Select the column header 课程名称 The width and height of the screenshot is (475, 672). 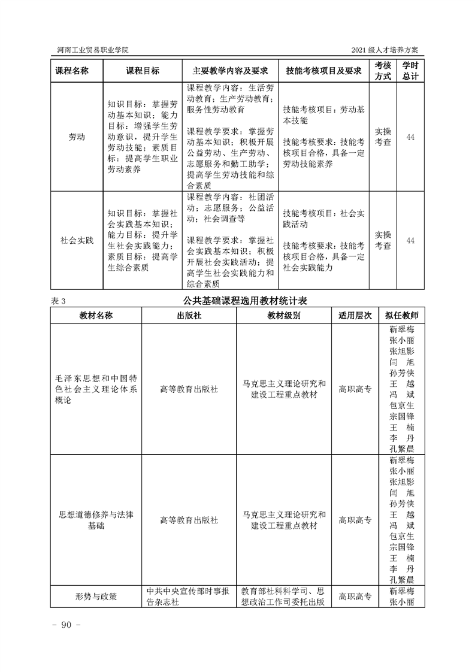[x=72, y=71]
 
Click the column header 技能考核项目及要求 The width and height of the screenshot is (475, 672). [x=324, y=71]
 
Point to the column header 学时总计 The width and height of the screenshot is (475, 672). [x=410, y=71]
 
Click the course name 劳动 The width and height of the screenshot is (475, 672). [x=77, y=137]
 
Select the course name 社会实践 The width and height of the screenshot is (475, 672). [x=77, y=241]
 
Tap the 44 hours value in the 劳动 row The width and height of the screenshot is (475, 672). [x=410, y=137]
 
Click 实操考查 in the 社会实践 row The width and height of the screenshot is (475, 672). [x=383, y=240]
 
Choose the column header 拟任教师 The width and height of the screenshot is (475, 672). [x=402, y=315]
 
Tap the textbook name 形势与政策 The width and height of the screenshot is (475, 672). [x=96, y=597]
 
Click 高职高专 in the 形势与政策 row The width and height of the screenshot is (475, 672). [x=355, y=597]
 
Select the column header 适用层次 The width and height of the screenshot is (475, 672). [x=355, y=315]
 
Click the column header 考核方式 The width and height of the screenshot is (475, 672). [x=383, y=71]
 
